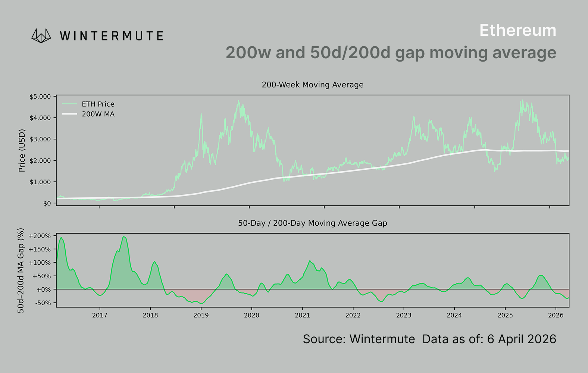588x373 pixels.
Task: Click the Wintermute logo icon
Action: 41,36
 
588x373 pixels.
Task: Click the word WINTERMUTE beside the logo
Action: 111,36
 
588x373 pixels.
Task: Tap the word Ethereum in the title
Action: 517,31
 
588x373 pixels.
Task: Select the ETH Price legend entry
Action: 98,104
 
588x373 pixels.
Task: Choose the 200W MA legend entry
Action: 98,114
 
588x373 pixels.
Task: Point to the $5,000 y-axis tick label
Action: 40,97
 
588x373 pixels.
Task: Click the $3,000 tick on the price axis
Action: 40,139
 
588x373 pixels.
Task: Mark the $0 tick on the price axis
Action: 47,203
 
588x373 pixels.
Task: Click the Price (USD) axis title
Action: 22,150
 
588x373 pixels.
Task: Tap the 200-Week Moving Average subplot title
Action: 312,85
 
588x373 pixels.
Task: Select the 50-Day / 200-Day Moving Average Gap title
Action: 312,223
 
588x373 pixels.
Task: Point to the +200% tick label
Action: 40,236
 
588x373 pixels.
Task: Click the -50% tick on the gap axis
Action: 43,303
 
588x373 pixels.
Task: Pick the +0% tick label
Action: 43,289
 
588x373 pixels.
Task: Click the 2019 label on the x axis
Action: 201,315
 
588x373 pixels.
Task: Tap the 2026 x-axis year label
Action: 556,315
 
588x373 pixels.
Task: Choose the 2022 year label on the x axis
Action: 353,315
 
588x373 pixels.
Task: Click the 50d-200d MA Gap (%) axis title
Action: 21,270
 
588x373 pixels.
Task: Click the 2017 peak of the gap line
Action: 124,237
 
